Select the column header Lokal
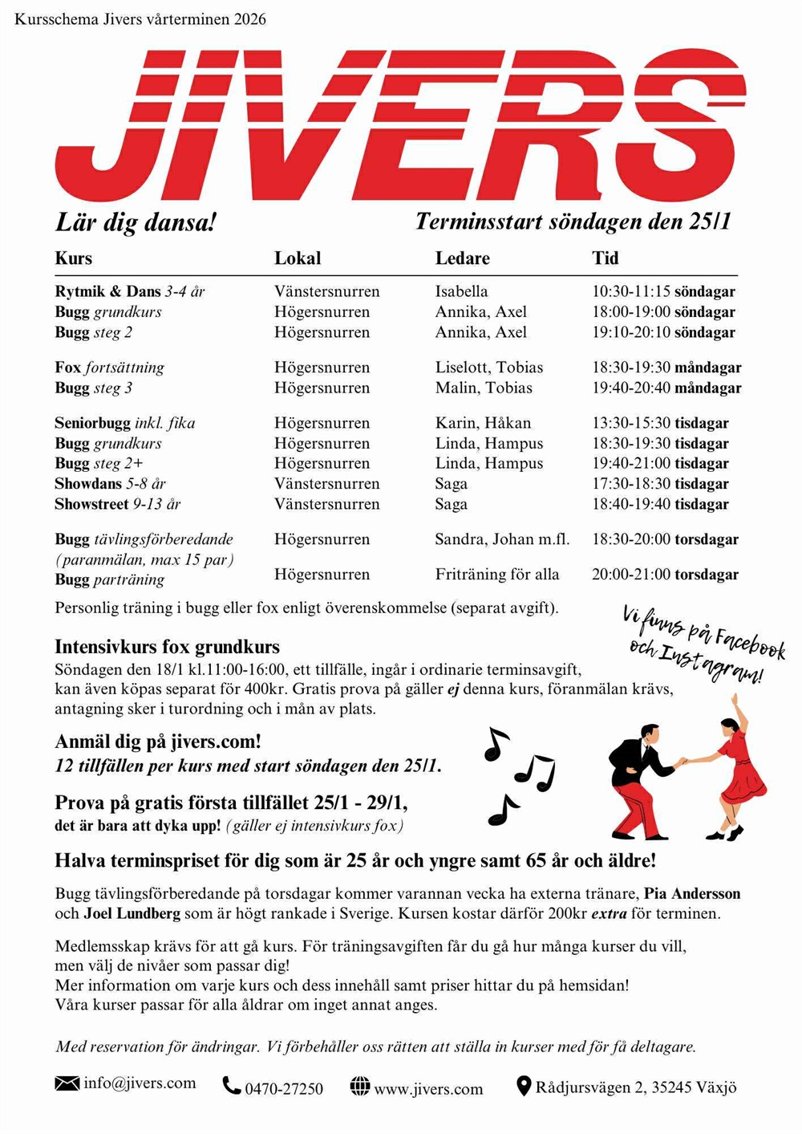(298, 258)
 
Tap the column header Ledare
(462, 258)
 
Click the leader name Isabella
(461, 291)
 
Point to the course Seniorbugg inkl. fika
(124, 423)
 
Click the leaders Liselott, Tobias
(489, 368)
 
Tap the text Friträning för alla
(497, 575)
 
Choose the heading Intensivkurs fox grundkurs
(167, 647)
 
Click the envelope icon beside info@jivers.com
(67, 1083)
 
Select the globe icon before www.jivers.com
(360, 1087)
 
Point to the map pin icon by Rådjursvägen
(523, 1087)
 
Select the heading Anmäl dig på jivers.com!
(158, 742)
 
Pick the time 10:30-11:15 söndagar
(663, 291)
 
